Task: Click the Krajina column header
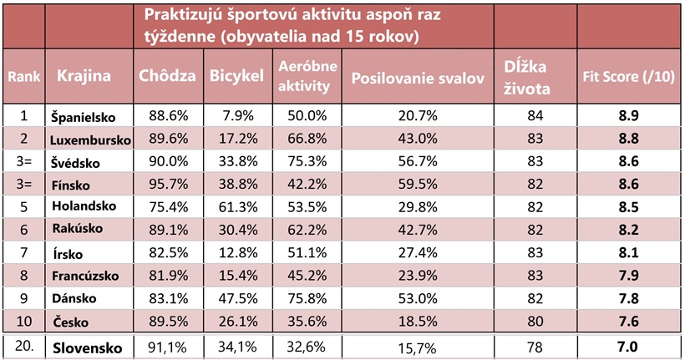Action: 84,76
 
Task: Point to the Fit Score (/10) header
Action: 629,76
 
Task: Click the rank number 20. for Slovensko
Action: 24,345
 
